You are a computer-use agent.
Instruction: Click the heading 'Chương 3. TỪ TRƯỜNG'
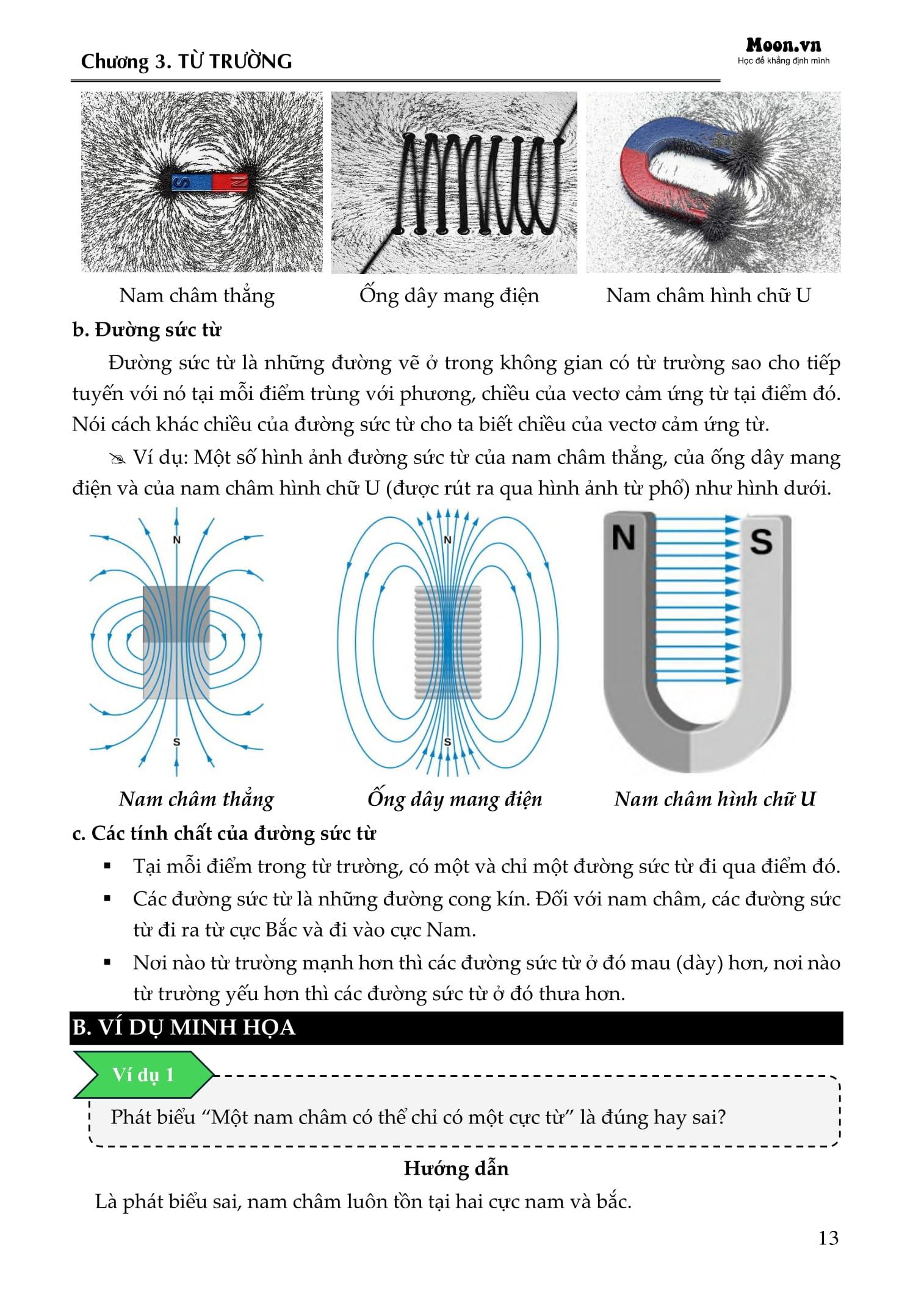186,62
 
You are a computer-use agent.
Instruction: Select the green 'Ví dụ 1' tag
143,1075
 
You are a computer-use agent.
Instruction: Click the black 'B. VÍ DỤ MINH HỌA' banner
456,1028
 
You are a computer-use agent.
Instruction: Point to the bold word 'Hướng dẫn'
456,1168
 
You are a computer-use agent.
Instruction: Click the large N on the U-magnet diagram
623,538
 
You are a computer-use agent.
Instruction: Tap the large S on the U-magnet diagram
760,542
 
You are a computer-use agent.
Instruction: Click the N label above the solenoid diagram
447,540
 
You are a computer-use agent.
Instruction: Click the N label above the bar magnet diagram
176,540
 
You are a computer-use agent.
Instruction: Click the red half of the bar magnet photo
229,181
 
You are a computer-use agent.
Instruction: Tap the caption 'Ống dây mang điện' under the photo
449,295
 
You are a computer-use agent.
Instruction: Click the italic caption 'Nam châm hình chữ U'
715,799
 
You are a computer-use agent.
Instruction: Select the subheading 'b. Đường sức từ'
146,330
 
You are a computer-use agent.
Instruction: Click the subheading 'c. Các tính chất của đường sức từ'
224,833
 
